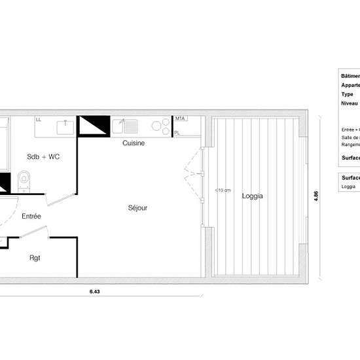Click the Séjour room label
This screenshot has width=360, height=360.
coord(137,208)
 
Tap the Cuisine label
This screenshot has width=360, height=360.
coord(134,143)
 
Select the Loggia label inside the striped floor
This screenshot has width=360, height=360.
coord(253,196)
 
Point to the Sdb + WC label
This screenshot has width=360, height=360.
coord(43,157)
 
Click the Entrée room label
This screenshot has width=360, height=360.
coord(31,216)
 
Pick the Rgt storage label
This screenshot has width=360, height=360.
coord(35,257)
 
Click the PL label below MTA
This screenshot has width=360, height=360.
coord(177,133)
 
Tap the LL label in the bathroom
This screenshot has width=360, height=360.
coord(39,120)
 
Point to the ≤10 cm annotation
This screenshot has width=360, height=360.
coord(223,190)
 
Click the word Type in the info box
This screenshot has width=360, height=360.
coord(347,94)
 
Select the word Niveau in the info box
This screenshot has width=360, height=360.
coord(349,103)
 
